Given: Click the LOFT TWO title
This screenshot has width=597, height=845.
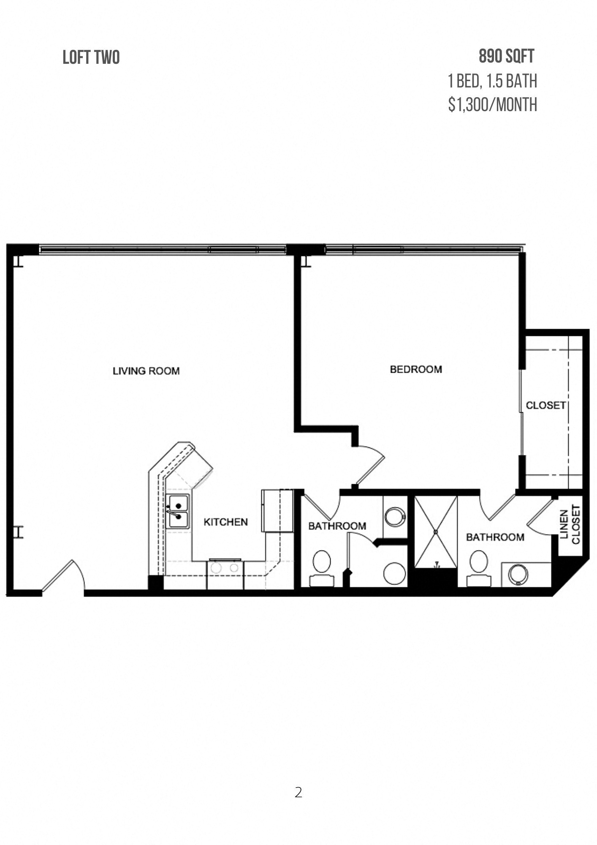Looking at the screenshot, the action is (x=91, y=57).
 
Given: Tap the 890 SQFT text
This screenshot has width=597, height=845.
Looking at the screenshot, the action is (x=507, y=56).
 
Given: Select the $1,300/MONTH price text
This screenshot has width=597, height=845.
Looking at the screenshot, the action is (x=493, y=105).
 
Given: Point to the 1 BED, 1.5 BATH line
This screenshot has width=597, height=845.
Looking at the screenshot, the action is (x=493, y=81).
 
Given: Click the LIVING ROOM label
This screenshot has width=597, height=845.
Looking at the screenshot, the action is (x=146, y=371).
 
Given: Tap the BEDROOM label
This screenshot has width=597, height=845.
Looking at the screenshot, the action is (x=416, y=369).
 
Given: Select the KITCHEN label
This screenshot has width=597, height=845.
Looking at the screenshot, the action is (x=226, y=522).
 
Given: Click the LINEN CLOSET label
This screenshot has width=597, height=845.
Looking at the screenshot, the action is (x=570, y=524).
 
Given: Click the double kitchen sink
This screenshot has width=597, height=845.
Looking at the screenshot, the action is (x=178, y=511).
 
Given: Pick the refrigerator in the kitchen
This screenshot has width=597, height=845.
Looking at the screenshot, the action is (x=277, y=511).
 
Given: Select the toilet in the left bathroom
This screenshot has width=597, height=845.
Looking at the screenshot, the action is (x=322, y=568).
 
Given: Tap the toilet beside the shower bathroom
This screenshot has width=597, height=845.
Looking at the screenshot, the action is (x=479, y=568).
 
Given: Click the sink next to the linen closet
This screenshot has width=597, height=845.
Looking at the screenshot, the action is (x=518, y=575).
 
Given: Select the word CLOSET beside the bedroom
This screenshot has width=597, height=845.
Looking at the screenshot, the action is (x=545, y=405).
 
